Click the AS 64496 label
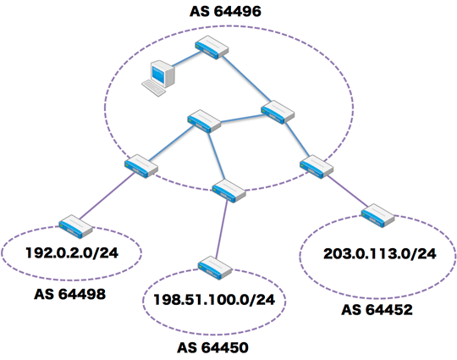[225, 11]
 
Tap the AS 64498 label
[70, 294]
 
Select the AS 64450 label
[212, 347]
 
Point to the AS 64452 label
[377, 309]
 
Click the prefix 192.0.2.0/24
[72, 252]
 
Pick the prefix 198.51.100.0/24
[214, 300]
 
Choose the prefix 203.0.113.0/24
[380, 253]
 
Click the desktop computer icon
[158, 78]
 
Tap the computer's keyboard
[153, 88]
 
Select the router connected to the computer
[212, 47]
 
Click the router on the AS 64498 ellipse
[75, 227]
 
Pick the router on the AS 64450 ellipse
[215, 268]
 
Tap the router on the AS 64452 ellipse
[377, 216]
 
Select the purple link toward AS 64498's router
[107, 196]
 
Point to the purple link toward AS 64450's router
[222, 229]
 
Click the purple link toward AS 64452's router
[348, 191]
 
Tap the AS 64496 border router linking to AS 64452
[317, 167]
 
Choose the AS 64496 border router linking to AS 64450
[228, 191]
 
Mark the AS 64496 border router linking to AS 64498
[141, 166]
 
